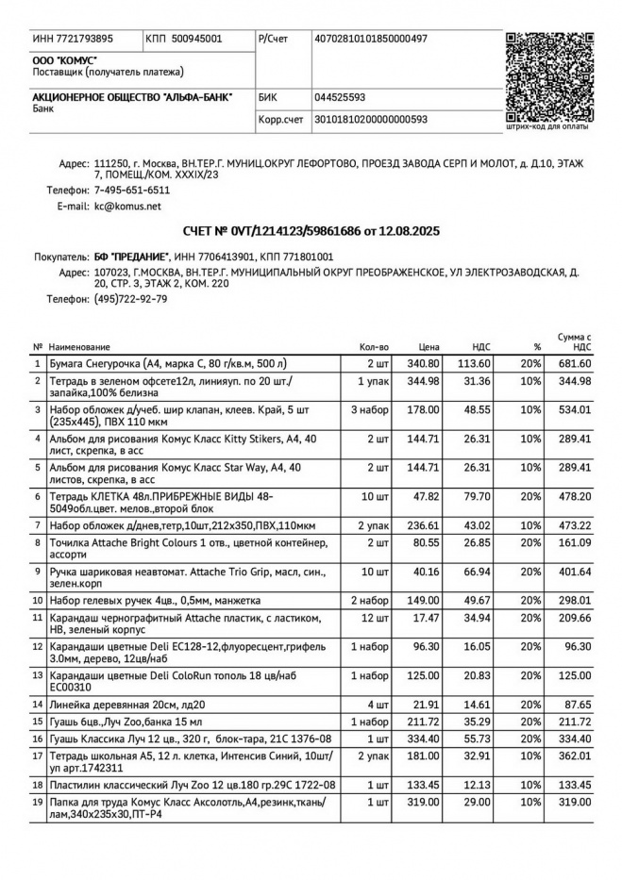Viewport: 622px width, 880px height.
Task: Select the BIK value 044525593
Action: (x=340, y=97)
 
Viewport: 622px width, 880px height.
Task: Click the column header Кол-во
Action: (x=374, y=347)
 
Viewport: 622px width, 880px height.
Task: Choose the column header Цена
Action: (x=429, y=347)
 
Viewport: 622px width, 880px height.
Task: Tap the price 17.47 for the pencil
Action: (x=428, y=618)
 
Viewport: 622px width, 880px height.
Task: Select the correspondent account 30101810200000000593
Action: (x=370, y=120)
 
